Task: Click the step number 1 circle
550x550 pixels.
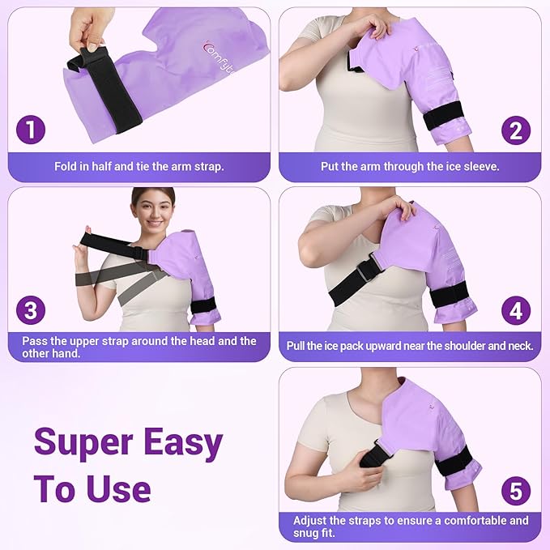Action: [x=32, y=130]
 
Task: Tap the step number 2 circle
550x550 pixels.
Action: [x=515, y=130]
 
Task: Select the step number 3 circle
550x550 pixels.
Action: [x=32, y=310]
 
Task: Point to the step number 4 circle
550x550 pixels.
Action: [x=515, y=310]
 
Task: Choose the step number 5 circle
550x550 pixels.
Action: [x=515, y=490]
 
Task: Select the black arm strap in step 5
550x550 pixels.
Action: [x=454, y=463]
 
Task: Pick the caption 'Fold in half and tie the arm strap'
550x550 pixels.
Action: [x=139, y=166]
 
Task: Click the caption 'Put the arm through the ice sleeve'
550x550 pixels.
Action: [x=411, y=166]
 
